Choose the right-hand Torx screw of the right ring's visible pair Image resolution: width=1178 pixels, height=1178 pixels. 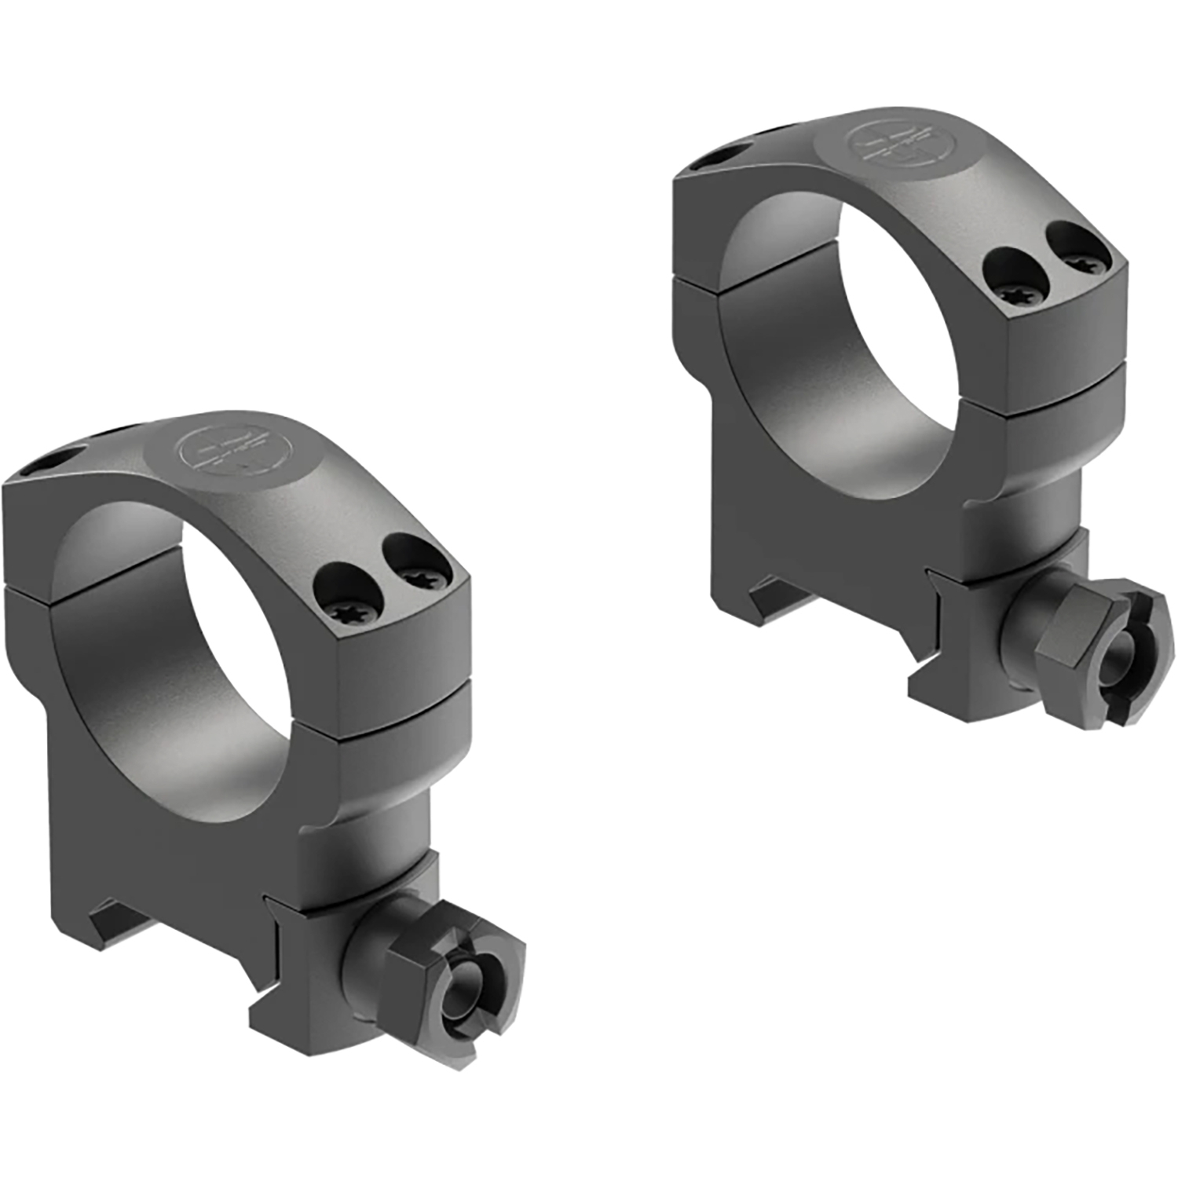1080,241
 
